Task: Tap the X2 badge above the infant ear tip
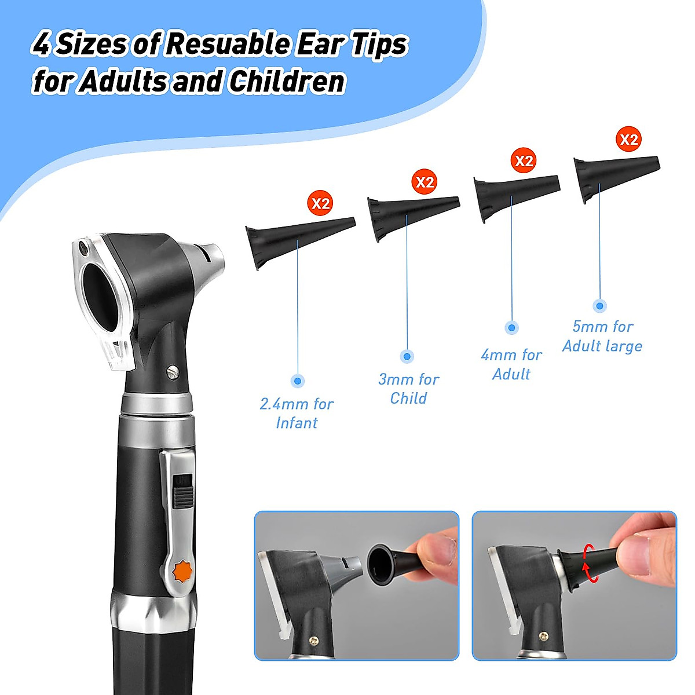320,203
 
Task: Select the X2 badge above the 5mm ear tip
628,140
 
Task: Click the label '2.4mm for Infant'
297,413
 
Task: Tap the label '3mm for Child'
408,389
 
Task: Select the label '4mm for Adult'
511,364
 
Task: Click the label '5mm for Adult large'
602,336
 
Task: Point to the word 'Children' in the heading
287,82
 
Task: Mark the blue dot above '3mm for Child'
407,356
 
